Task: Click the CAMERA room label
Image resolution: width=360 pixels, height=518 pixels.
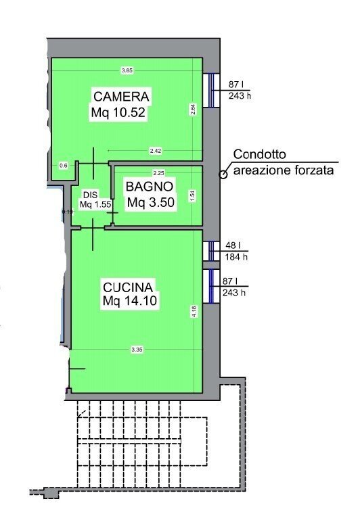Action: [122, 96]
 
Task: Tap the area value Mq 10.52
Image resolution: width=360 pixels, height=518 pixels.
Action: [118, 113]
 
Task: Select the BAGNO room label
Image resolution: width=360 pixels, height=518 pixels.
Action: [150, 186]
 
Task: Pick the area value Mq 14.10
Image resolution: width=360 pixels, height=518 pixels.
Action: [131, 301]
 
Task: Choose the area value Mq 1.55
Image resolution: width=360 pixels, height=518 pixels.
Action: [93, 204]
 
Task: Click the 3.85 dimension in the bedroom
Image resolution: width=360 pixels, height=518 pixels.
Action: [127, 70]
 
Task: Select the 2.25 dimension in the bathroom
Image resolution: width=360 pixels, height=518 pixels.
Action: [159, 172]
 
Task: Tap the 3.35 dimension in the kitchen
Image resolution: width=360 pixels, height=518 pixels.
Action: [137, 350]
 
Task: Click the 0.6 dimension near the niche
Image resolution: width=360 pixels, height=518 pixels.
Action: [64, 165]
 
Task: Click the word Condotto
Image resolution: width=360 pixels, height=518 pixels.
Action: [261, 155]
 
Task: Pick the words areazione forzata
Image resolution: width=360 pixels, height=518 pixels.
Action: [284, 170]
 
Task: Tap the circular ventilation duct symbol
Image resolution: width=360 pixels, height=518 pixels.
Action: [222, 174]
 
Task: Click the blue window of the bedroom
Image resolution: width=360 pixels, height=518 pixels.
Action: [210, 90]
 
